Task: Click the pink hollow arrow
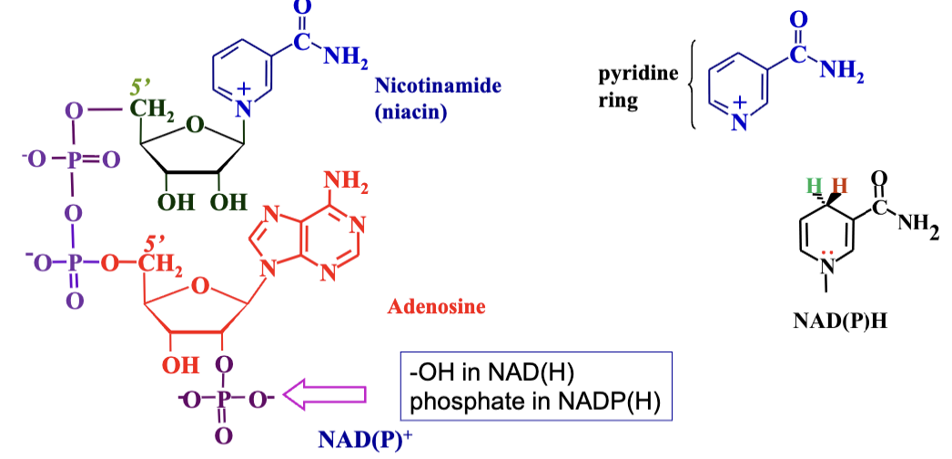[x=325, y=393]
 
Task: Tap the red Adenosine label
[x=437, y=307]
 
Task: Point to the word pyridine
[x=637, y=74]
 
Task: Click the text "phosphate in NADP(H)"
[x=534, y=401]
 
